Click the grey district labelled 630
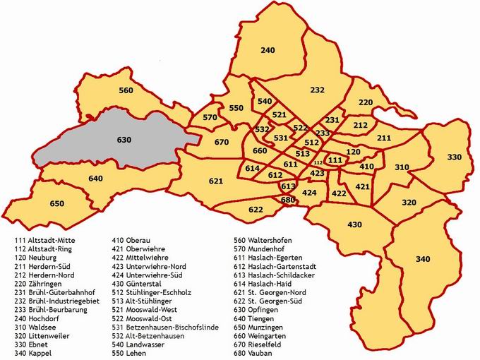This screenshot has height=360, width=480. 106,141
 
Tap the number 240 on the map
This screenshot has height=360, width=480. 268,51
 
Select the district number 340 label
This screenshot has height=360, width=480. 423,260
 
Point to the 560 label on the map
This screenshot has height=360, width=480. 126,90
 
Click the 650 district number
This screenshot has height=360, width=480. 57,204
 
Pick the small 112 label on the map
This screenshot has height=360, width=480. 317,163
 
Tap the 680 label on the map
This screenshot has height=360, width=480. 287,200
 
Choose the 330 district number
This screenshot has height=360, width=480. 454,157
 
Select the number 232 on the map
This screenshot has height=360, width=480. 317,90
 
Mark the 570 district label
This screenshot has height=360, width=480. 210,117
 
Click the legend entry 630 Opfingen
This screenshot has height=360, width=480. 259,309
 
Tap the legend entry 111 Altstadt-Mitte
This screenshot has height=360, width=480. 44,240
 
